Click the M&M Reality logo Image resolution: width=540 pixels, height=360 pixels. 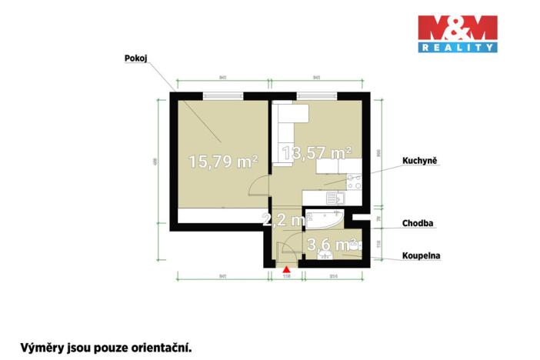pos(457,34)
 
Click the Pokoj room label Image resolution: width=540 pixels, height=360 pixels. pos(135,58)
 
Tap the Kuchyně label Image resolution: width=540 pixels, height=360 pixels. pos(419,162)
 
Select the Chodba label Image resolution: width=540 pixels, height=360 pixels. pos(418,224)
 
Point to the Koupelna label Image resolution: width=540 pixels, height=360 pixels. pos(421,255)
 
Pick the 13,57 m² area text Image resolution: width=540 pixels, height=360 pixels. pos(317,153)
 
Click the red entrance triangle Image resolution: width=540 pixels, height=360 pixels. pos(286,269)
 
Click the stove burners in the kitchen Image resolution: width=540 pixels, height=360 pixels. pos(355,182)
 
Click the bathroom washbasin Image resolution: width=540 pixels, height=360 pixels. pos(325,256)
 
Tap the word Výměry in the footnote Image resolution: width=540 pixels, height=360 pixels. pos(42,347)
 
